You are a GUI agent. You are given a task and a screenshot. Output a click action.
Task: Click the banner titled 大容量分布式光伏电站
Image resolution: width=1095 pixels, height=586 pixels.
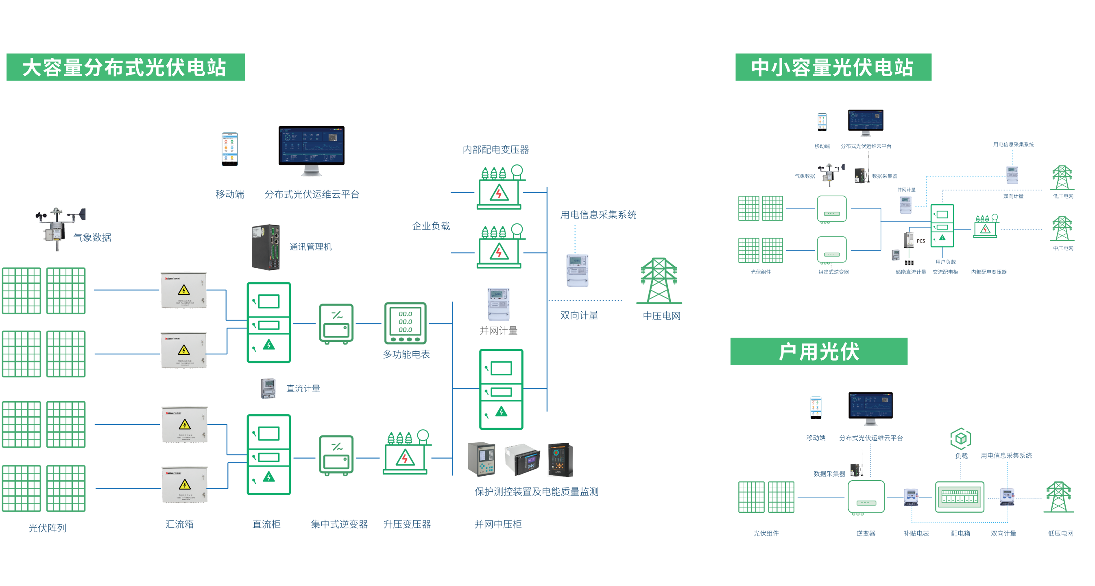tap(125, 67)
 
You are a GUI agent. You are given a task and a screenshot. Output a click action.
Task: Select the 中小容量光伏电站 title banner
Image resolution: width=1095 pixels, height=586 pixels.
tap(833, 67)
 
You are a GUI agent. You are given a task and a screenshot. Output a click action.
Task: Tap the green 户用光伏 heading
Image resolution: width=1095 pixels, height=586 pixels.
tap(818, 351)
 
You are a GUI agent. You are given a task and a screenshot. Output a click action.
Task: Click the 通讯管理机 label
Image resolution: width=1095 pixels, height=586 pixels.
tap(310, 247)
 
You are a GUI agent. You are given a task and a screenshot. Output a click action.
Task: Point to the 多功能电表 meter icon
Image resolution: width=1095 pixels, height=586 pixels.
tap(405, 323)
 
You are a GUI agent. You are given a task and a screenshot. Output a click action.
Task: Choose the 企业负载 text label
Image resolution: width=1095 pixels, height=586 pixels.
tap(431, 226)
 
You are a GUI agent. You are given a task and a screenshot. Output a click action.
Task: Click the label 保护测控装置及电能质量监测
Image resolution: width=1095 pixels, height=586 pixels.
tap(537, 492)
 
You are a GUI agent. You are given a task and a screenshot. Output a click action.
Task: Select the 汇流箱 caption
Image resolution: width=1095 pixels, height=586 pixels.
tap(179, 524)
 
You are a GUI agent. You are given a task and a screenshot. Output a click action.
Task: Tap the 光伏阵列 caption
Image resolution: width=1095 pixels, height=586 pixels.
tap(47, 528)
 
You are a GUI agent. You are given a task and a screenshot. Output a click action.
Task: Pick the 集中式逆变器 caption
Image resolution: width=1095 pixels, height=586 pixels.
tap(339, 524)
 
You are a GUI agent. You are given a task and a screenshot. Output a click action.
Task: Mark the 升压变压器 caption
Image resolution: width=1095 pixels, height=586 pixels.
tap(407, 524)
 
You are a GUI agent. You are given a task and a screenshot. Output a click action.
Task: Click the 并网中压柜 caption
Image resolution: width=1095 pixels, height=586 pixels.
tap(498, 524)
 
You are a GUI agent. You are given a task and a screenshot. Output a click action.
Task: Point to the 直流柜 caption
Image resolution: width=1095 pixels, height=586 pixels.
tap(266, 524)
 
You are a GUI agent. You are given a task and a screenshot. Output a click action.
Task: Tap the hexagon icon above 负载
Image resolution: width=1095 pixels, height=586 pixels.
tap(960, 438)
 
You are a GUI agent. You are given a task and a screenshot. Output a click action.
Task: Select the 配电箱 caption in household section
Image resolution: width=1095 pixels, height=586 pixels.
tap(960, 533)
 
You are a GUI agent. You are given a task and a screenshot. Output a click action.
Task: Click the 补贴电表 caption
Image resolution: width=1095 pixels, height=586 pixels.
tap(916, 533)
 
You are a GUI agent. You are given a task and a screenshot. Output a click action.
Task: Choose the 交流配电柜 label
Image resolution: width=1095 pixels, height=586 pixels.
tap(945, 272)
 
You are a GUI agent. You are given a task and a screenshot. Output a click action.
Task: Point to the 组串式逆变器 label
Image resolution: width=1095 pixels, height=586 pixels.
tap(833, 272)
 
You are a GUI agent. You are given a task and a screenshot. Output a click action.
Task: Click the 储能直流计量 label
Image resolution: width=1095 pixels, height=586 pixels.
tap(910, 272)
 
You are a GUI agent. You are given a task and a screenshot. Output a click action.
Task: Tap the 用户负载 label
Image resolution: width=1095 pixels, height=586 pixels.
tap(945, 262)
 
